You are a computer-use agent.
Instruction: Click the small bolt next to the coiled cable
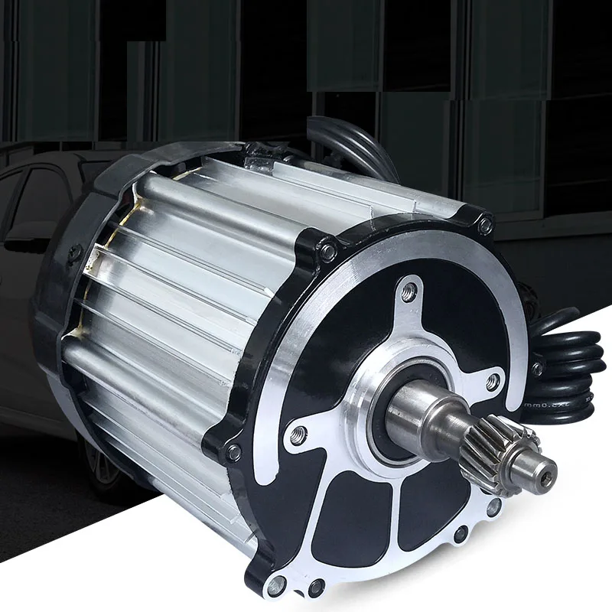tap(537, 369)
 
